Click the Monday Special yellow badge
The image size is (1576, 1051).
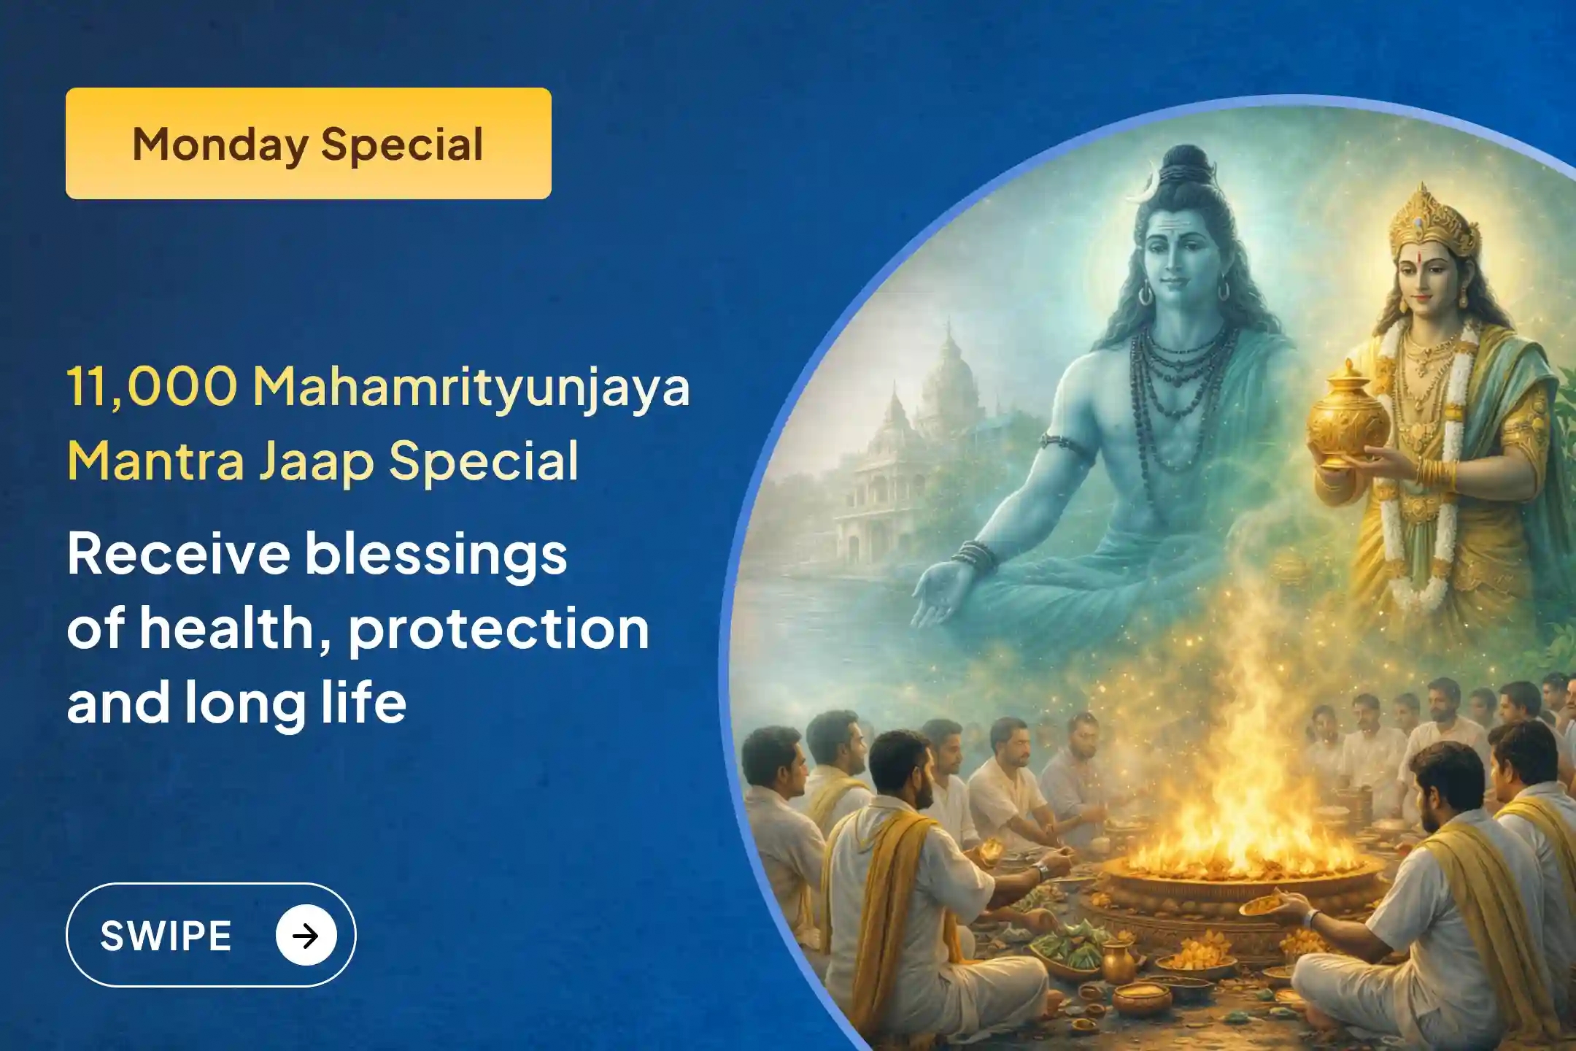pyautogui.click(x=308, y=143)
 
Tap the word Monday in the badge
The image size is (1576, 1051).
pyautogui.click(x=220, y=145)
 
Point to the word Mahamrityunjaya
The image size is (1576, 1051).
pyautogui.click(x=471, y=387)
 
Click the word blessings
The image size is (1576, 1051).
pyautogui.click(x=436, y=553)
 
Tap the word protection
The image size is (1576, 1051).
pyautogui.click(x=498, y=628)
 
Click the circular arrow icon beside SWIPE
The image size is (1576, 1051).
pyautogui.click(x=306, y=935)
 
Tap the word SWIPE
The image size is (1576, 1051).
pyautogui.click(x=166, y=936)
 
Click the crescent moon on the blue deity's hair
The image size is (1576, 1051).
pyautogui.click(x=1139, y=192)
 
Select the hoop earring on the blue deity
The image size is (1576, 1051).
pyautogui.click(x=1146, y=293)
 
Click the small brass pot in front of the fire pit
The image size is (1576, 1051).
pyautogui.click(x=1117, y=960)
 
